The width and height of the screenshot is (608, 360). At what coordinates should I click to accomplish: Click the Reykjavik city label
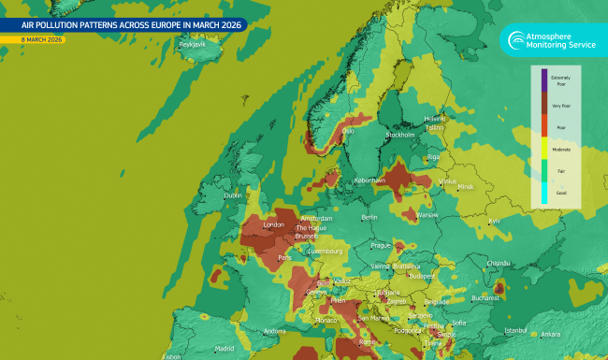[x=192, y=44]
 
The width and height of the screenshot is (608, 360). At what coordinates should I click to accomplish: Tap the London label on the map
[x=274, y=225]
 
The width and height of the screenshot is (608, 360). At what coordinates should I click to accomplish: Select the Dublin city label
[x=233, y=195]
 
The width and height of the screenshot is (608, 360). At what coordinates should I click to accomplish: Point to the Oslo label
[x=348, y=132]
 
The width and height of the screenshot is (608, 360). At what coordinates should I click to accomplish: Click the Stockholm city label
[x=400, y=135]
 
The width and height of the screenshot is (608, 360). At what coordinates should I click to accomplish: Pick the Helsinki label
[x=435, y=119]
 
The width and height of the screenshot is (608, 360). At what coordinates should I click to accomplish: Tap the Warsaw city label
[x=427, y=215]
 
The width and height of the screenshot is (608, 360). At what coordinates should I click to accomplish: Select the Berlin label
[x=369, y=217]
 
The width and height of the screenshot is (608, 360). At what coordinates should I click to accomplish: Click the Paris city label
[x=285, y=257]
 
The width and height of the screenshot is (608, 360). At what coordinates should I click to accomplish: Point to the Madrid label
[x=224, y=349]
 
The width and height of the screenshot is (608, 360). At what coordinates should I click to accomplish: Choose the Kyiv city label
[x=495, y=221]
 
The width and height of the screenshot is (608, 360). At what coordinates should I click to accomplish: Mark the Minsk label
[x=466, y=187]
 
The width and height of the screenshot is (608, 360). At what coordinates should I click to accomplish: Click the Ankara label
[x=551, y=334]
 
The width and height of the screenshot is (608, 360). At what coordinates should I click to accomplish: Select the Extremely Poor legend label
[x=561, y=81]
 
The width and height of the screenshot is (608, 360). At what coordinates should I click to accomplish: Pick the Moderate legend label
[x=561, y=149]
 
